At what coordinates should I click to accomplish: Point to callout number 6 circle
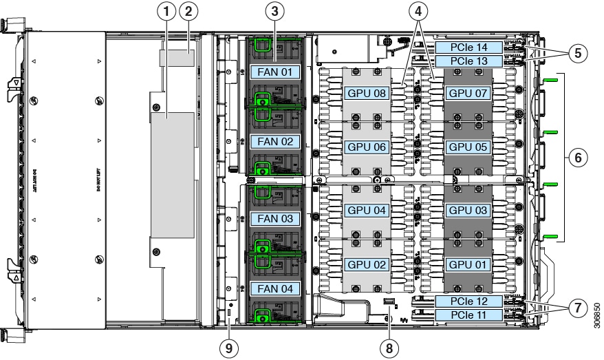[x=578, y=158]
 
